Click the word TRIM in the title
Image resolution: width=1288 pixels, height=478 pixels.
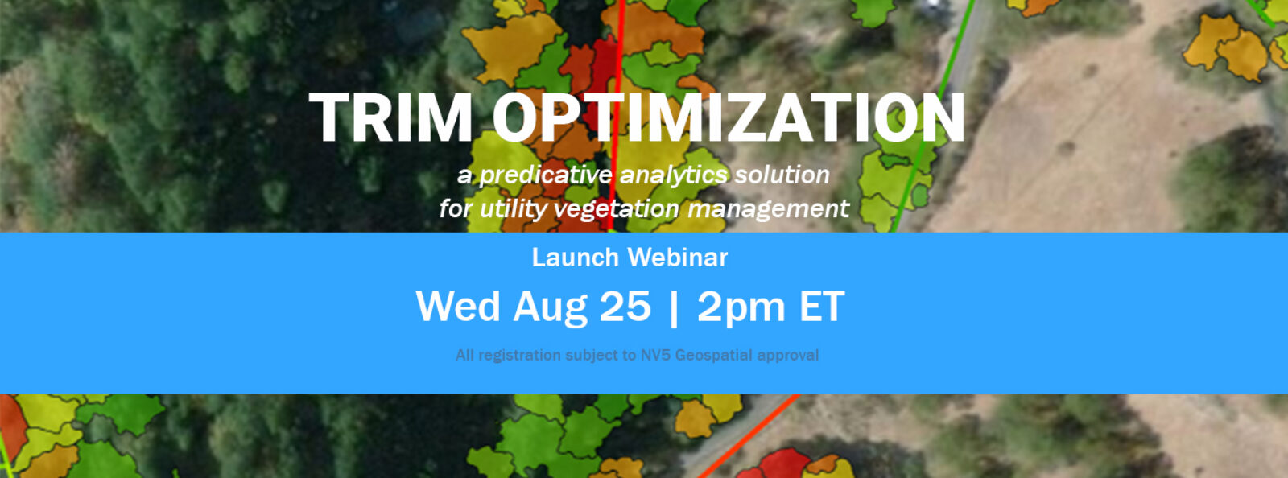click(390, 118)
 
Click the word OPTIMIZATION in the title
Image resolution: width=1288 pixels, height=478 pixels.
click(729, 118)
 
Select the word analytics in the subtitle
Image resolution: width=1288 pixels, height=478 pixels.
click(674, 175)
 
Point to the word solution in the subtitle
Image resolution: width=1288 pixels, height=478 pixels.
click(782, 175)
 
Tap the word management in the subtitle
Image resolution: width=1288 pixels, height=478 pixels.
click(768, 208)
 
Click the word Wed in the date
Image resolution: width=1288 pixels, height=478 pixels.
click(457, 307)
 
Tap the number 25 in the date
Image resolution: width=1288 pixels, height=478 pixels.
click(625, 307)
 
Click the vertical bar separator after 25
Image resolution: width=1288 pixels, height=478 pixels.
click(674, 308)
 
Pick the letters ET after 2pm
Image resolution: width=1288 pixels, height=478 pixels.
click(822, 307)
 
